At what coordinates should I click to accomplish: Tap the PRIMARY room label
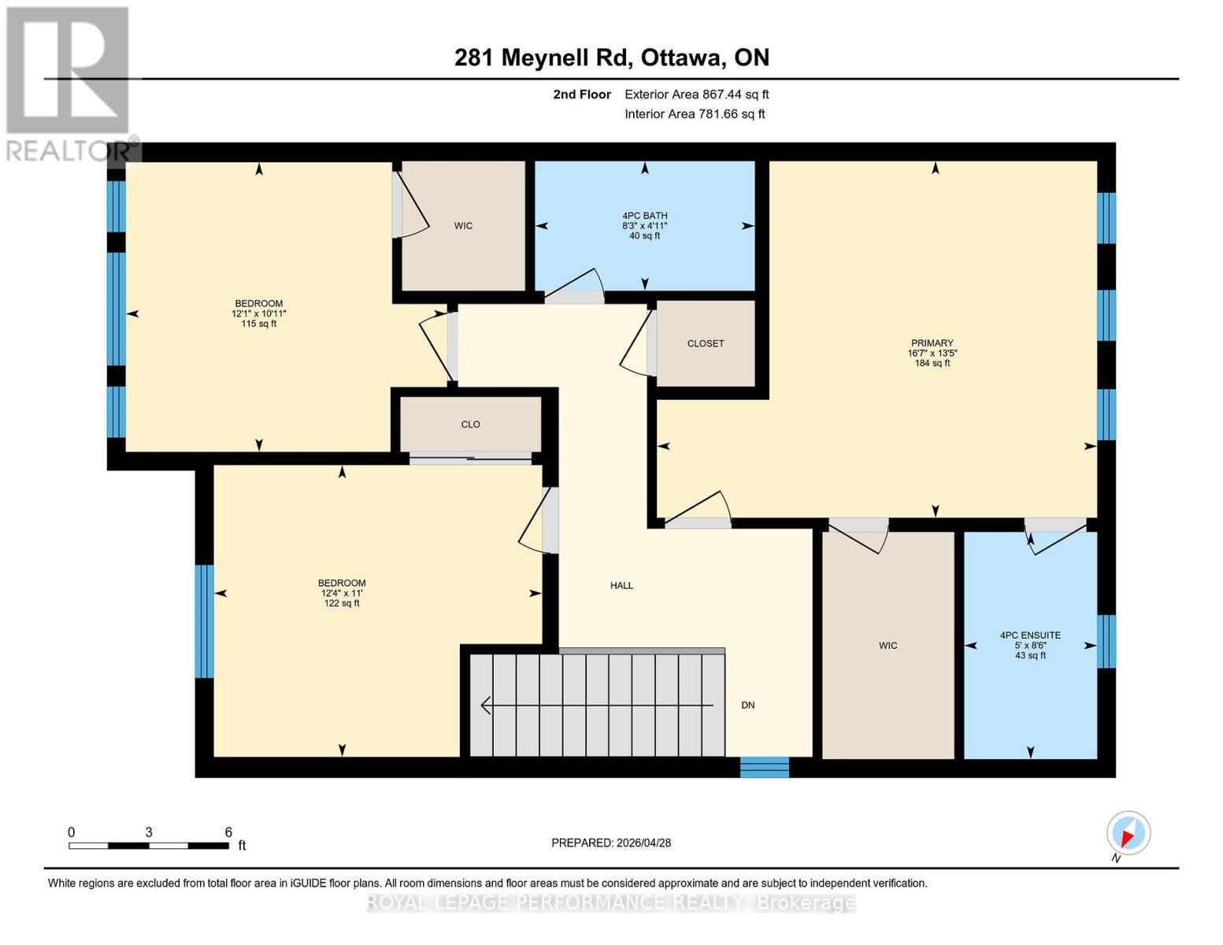932,343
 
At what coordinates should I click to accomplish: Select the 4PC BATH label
644,216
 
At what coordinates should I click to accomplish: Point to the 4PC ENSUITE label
1029,636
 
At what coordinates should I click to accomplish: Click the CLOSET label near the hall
705,343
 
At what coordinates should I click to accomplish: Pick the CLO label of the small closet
470,424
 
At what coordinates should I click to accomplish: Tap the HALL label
621,586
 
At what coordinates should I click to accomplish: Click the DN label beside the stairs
747,706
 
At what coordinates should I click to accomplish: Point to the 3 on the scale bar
148,832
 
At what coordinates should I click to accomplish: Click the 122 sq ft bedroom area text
342,603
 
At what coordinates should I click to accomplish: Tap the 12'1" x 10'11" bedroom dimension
258,313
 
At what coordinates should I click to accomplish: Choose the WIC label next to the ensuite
888,646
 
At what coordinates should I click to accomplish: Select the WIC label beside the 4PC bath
463,226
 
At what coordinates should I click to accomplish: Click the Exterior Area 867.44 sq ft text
696,94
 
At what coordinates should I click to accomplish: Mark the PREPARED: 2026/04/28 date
611,843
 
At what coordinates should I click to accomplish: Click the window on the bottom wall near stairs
764,766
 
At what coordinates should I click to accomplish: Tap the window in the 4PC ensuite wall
1106,641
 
